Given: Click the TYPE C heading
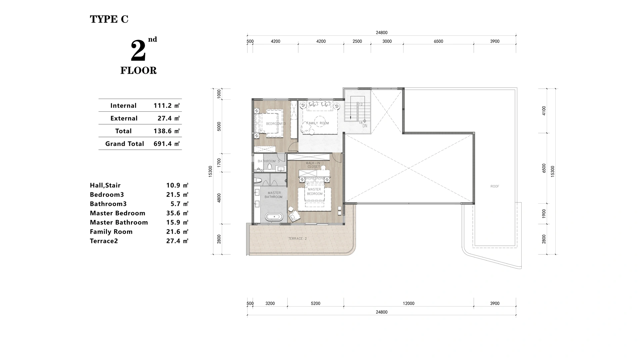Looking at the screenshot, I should click(x=109, y=19).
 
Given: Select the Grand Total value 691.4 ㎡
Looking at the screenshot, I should click(x=166, y=144).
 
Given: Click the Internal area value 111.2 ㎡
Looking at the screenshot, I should click(x=166, y=106).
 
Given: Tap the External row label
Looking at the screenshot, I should click(x=124, y=118).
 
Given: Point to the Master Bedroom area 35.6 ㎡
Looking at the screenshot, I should click(x=177, y=213).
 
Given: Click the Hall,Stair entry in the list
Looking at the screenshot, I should click(x=105, y=185).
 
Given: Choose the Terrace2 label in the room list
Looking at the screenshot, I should click(x=104, y=241).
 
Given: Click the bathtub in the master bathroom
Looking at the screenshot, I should click(x=274, y=217).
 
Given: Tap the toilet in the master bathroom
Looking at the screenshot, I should click(x=257, y=181).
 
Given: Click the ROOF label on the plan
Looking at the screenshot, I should click(x=495, y=186).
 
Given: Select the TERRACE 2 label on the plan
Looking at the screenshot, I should click(x=297, y=239).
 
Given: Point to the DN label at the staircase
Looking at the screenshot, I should click(x=365, y=126).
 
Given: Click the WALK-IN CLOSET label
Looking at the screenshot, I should click(x=313, y=165).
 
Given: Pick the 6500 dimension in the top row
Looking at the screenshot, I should click(x=438, y=41).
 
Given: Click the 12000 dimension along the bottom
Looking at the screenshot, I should click(x=408, y=303).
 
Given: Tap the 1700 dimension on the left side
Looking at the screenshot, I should click(x=219, y=162).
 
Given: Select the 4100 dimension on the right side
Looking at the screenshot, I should click(x=544, y=110).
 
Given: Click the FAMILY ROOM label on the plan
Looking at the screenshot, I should click(x=318, y=123).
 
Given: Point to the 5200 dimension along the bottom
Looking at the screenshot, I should click(x=315, y=303).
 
